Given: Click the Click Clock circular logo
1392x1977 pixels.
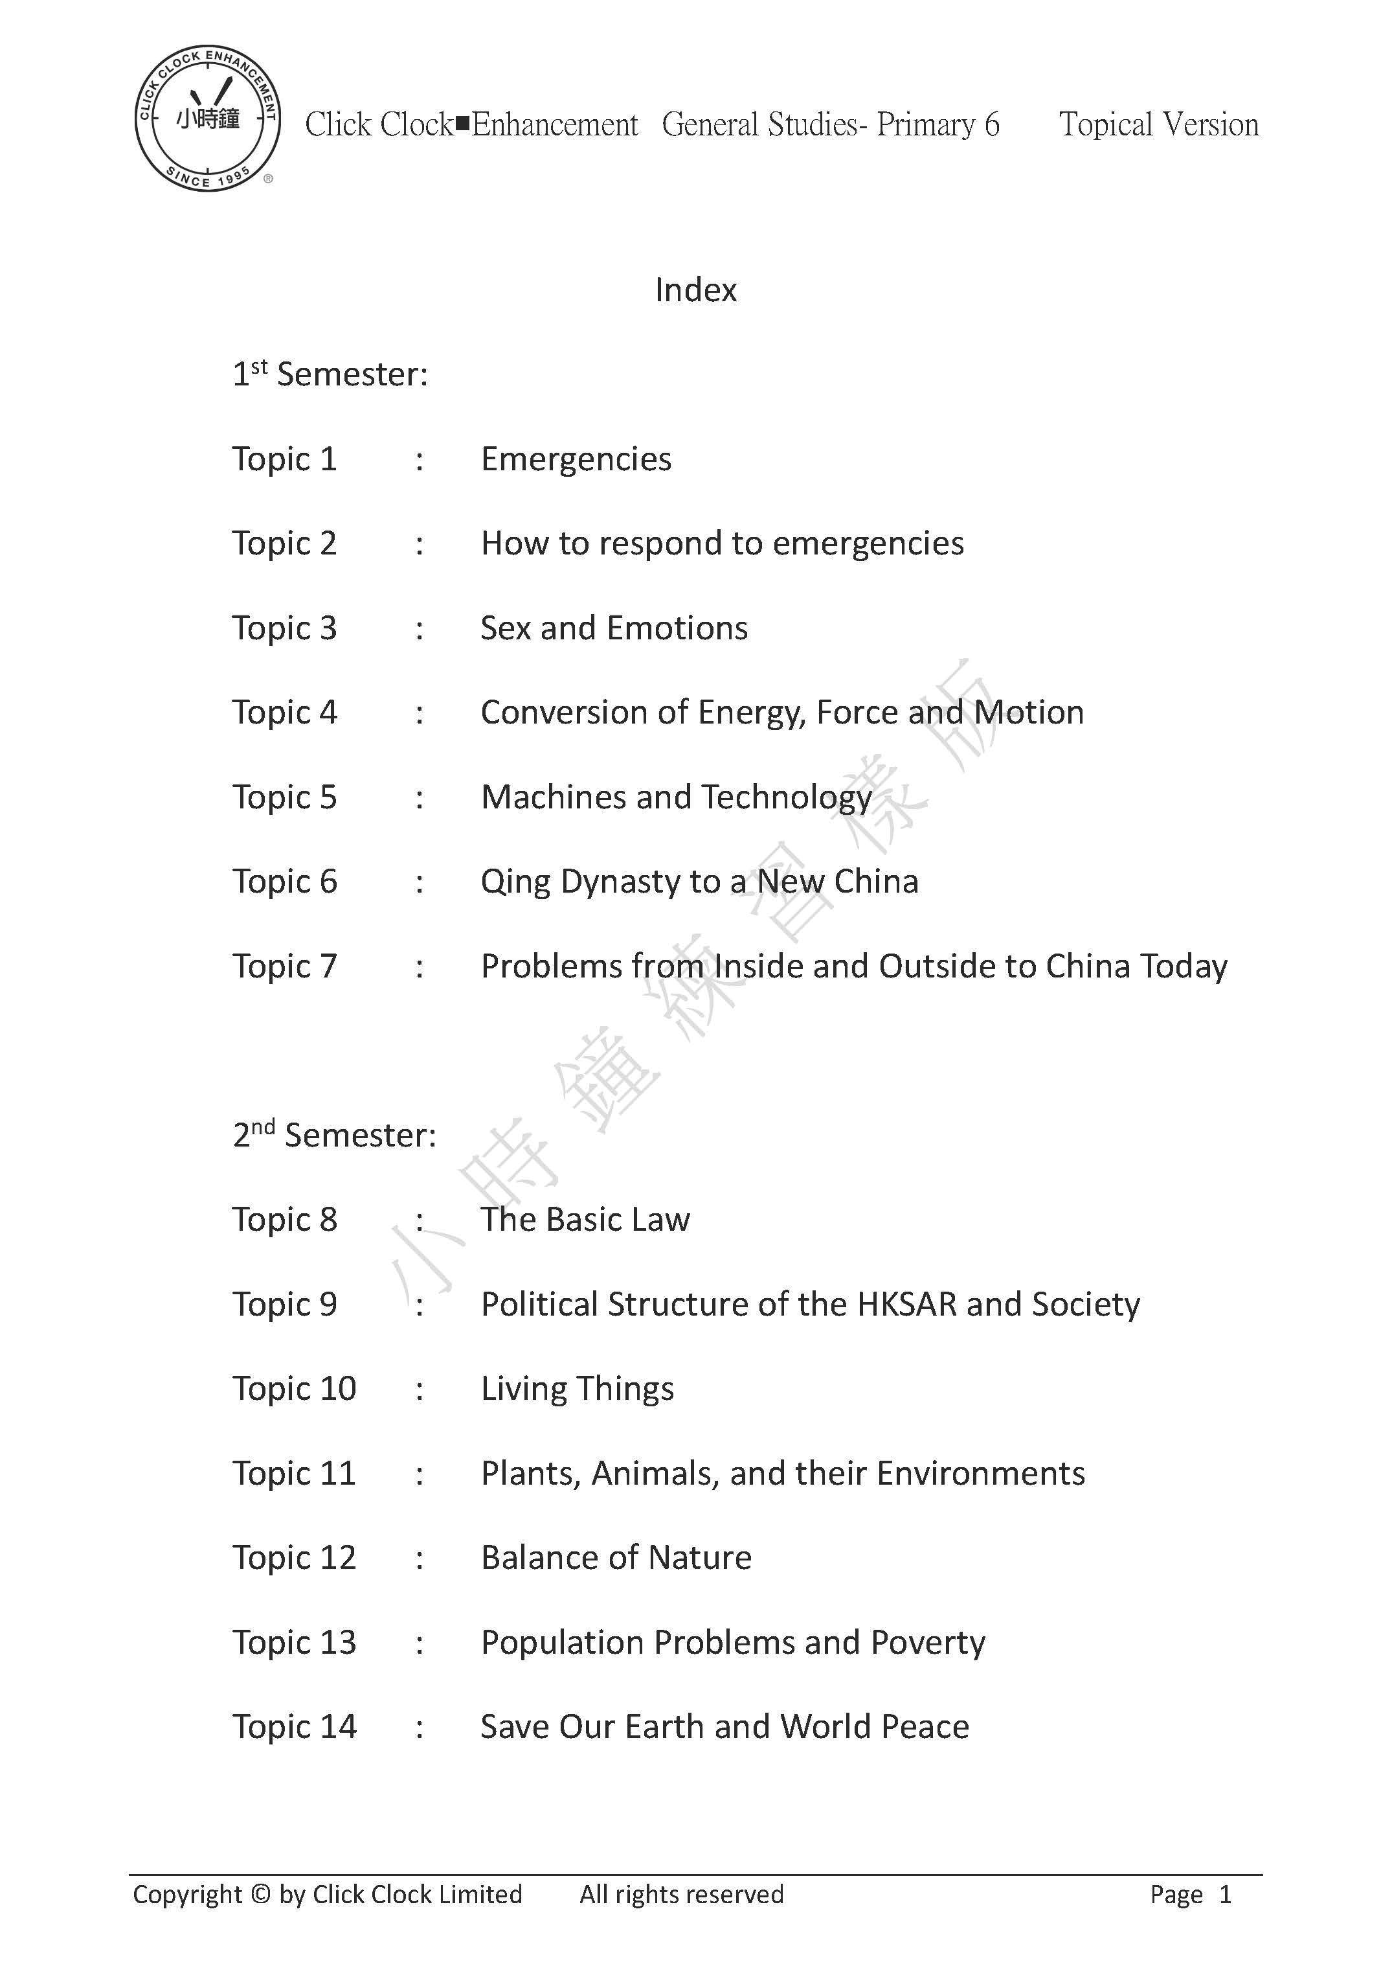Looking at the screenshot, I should (207, 119).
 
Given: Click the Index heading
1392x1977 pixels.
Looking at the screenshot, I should (695, 290).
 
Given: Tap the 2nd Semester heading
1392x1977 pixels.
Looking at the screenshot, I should (334, 1135).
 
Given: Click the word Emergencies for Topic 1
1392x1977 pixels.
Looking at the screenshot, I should (576, 459).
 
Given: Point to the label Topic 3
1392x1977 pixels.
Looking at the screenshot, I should (284, 628).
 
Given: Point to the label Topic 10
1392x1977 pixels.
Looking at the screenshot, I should (293, 1389).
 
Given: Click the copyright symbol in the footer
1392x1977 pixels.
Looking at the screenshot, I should (260, 1894).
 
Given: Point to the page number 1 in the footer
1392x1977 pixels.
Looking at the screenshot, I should (1225, 1894).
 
